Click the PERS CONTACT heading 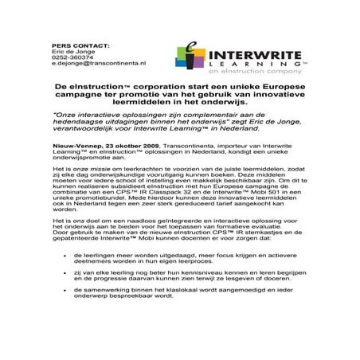(x=79, y=45)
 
